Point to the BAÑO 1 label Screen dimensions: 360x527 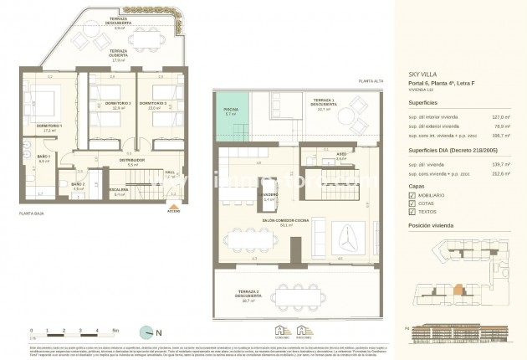(x=44, y=157)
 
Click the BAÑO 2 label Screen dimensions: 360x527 (x=78, y=184)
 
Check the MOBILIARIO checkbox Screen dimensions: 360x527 (x=412, y=195)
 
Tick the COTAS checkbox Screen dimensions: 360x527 (x=412, y=204)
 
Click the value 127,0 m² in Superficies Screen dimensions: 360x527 (x=501, y=117)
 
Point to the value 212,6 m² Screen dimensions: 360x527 (x=501, y=175)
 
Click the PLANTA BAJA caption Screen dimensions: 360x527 (x=32, y=214)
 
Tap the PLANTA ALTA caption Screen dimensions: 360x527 (x=371, y=80)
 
